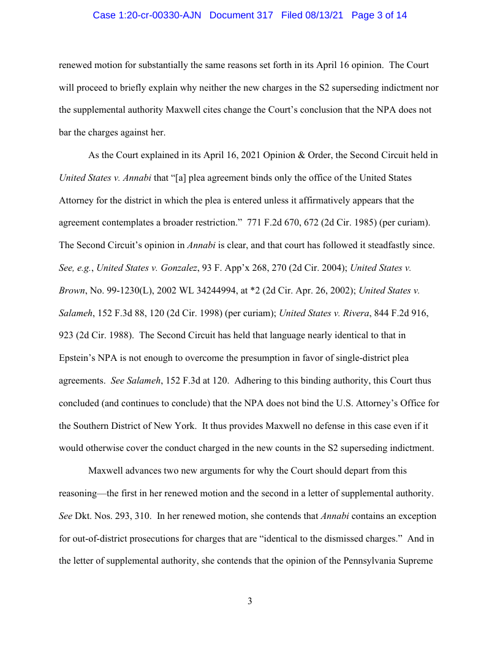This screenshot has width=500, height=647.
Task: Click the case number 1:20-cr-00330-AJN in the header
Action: tap(148, 15)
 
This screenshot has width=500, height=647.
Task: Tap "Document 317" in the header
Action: tap(241, 15)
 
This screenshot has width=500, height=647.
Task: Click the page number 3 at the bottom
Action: tap(250, 601)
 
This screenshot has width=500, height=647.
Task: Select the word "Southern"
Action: tap(93, 425)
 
